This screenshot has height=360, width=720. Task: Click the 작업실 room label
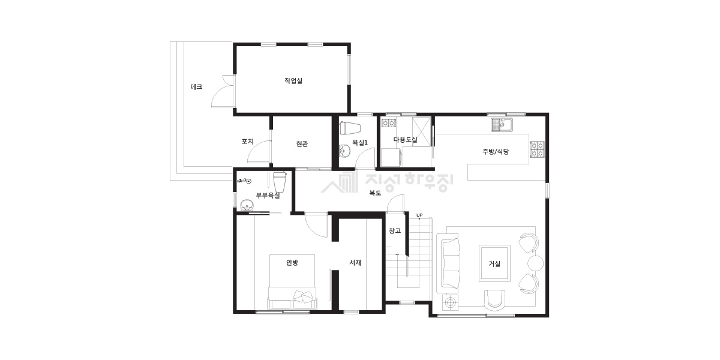293,80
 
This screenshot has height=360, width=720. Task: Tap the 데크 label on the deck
196,87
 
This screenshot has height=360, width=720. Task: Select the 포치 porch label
247,142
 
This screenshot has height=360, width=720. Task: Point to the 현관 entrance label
302,143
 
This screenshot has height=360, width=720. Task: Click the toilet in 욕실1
350,128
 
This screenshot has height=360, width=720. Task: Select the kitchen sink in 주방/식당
502,124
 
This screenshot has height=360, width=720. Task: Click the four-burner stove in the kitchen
537,149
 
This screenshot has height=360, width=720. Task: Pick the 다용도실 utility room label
406,139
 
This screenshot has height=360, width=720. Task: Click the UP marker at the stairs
419,215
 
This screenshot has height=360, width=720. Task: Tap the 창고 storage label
395,230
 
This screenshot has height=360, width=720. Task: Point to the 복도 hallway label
375,193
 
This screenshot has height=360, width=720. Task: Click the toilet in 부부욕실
280,182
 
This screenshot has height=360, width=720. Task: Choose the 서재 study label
355,263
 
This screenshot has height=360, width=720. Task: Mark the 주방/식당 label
496,152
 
